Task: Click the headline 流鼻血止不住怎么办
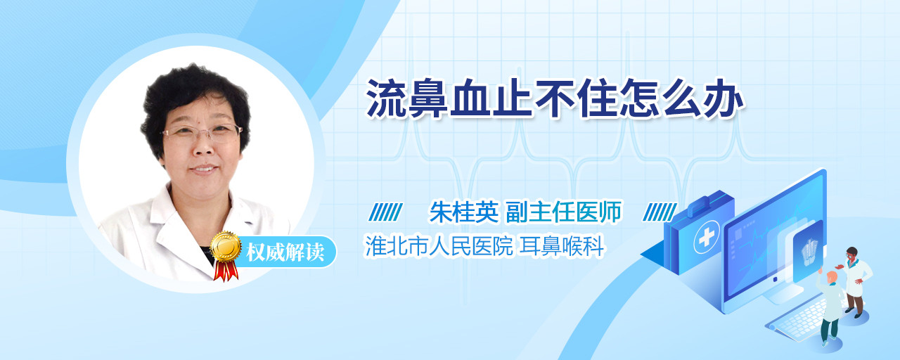[x=555, y=98]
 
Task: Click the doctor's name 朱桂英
[x=464, y=212]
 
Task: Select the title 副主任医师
[x=563, y=212]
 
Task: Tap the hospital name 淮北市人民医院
[x=439, y=246]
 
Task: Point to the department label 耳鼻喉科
[x=562, y=246]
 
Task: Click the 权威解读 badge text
[x=285, y=252]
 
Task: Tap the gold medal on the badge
[x=226, y=246]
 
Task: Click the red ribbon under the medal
[x=226, y=271]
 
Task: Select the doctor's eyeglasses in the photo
[x=202, y=133]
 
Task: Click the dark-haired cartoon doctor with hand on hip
[x=855, y=281]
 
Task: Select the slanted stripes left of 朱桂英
[x=386, y=212]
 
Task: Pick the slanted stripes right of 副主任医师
[x=660, y=212]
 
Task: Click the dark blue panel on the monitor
[x=806, y=250]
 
